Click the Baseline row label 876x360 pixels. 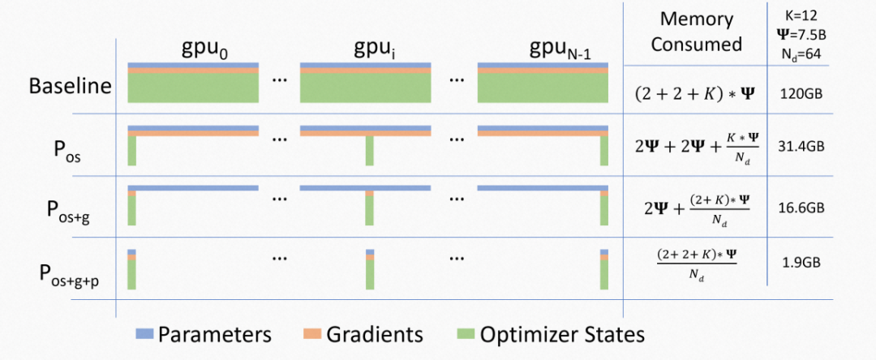[69, 86]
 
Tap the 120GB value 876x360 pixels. [801, 93]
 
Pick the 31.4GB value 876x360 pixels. [801, 148]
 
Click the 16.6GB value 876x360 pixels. [801, 208]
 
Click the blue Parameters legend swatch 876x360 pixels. [144, 334]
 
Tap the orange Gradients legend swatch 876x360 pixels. [314, 334]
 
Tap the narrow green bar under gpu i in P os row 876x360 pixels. [369, 152]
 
